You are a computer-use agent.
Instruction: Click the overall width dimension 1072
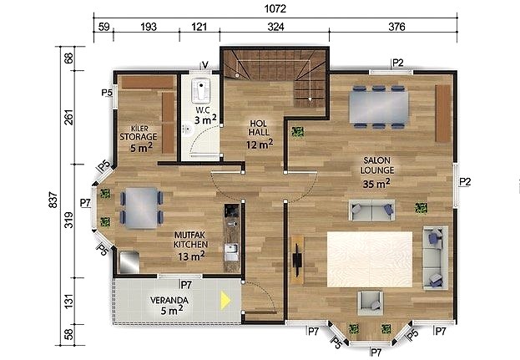(275, 8)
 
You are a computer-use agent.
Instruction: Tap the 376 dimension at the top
(396, 27)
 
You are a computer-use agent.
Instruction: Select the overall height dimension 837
(53, 200)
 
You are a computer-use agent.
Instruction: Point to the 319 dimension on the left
(68, 220)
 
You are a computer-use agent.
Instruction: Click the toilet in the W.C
(200, 89)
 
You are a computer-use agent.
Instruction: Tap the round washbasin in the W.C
(187, 129)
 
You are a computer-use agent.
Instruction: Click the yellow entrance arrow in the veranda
(225, 300)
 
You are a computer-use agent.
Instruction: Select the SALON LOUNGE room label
(377, 165)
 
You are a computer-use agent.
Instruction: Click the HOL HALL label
(259, 128)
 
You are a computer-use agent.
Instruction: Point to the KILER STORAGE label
(139, 133)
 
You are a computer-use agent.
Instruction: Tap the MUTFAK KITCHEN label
(190, 240)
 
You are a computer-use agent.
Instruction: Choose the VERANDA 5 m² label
(169, 305)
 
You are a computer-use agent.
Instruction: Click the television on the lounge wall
(297, 260)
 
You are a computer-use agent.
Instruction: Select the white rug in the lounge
(370, 259)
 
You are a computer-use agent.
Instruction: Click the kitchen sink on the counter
(231, 252)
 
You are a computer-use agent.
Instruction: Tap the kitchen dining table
(141, 208)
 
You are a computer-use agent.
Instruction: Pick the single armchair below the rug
(370, 303)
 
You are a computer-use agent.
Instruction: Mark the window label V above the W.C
(205, 64)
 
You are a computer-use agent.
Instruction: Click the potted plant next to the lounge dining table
(297, 132)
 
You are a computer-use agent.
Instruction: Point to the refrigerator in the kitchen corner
(129, 262)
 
